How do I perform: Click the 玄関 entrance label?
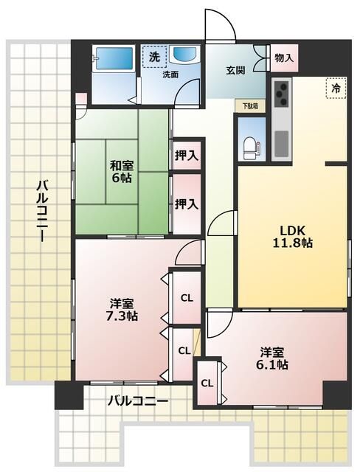pyautogui.click(x=235, y=70)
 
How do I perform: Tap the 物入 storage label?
pyautogui.click(x=283, y=58)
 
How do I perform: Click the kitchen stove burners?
pyautogui.click(x=283, y=94)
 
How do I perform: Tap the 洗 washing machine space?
pyautogui.click(x=154, y=57)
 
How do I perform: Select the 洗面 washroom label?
pyautogui.click(x=170, y=74)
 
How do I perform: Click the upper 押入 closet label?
pyautogui.click(x=186, y=156)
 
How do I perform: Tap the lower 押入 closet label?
pyautogui.click(x=186, y=203)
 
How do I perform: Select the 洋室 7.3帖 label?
pyautogui.click(x=122, y=310)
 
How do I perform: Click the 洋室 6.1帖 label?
pyautogui.click(x=273, y=358)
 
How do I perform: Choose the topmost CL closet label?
pyautogui.click(x=187, y=298)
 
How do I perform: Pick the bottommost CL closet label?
pyautogui.click(x=207, y=383)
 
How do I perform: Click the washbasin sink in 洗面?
pyautogui.click(x=182, y=58)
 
